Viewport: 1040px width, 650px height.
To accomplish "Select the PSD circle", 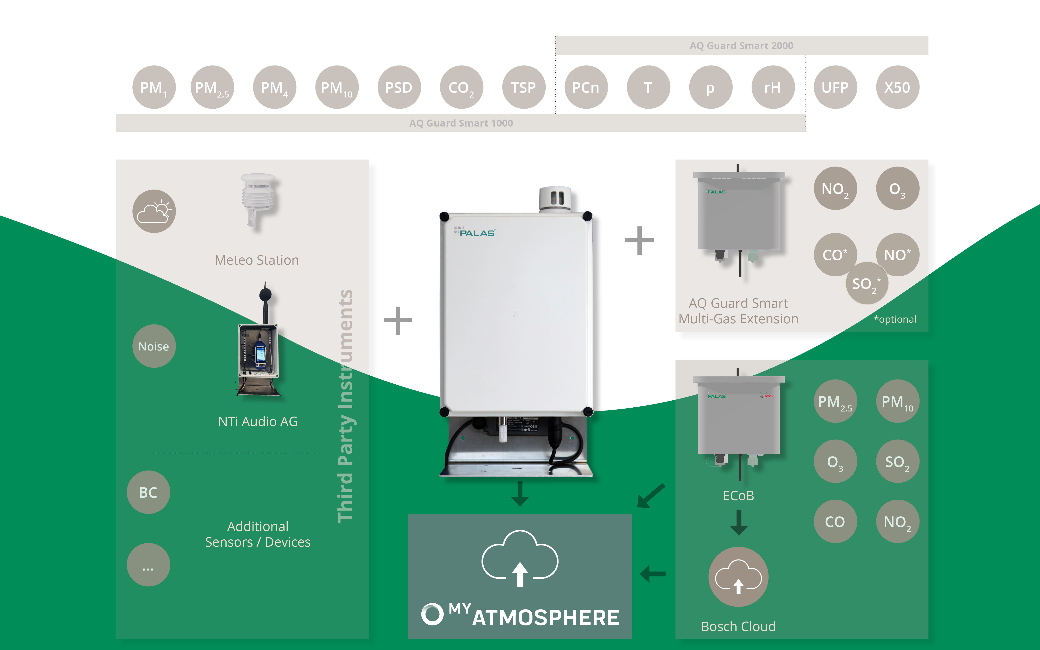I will coord(399,87).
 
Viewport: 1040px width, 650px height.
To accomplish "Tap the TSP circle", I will coord(523,87).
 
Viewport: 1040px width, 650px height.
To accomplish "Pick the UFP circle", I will coord(835,87).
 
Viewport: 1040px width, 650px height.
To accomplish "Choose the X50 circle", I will coord(897,87).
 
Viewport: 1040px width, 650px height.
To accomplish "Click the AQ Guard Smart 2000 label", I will coord(741,46).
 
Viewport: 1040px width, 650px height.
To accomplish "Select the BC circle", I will coord(148,492).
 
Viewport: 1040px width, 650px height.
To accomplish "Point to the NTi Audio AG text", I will coord(258,421).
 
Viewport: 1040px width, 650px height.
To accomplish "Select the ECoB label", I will coord(738,496).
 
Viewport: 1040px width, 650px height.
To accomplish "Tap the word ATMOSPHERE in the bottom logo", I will coord(546,618).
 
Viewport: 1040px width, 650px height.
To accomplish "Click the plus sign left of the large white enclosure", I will coord(398,320).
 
